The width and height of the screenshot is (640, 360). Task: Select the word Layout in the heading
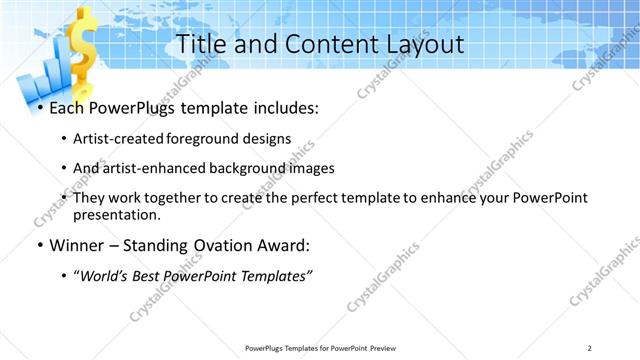click(x=421, y=44)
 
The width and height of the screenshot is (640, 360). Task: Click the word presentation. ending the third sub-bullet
click(x=117, y=214)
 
